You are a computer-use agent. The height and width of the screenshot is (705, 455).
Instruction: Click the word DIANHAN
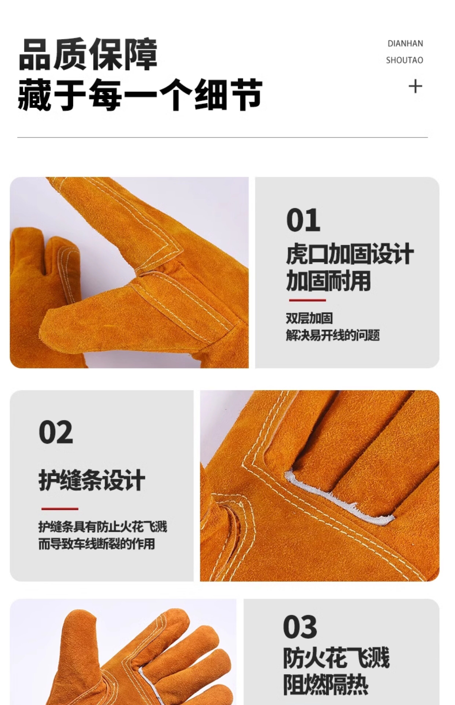405,44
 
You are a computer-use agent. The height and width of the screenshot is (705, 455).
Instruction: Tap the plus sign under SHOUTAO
415,86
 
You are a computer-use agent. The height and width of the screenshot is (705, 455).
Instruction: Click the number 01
303,220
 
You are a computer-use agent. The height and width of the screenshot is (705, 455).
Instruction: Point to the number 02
56,432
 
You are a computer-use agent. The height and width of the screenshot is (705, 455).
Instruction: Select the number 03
300,627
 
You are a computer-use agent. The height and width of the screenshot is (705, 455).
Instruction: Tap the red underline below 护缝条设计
60,509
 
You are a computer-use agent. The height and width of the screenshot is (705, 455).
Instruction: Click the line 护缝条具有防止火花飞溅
103,527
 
